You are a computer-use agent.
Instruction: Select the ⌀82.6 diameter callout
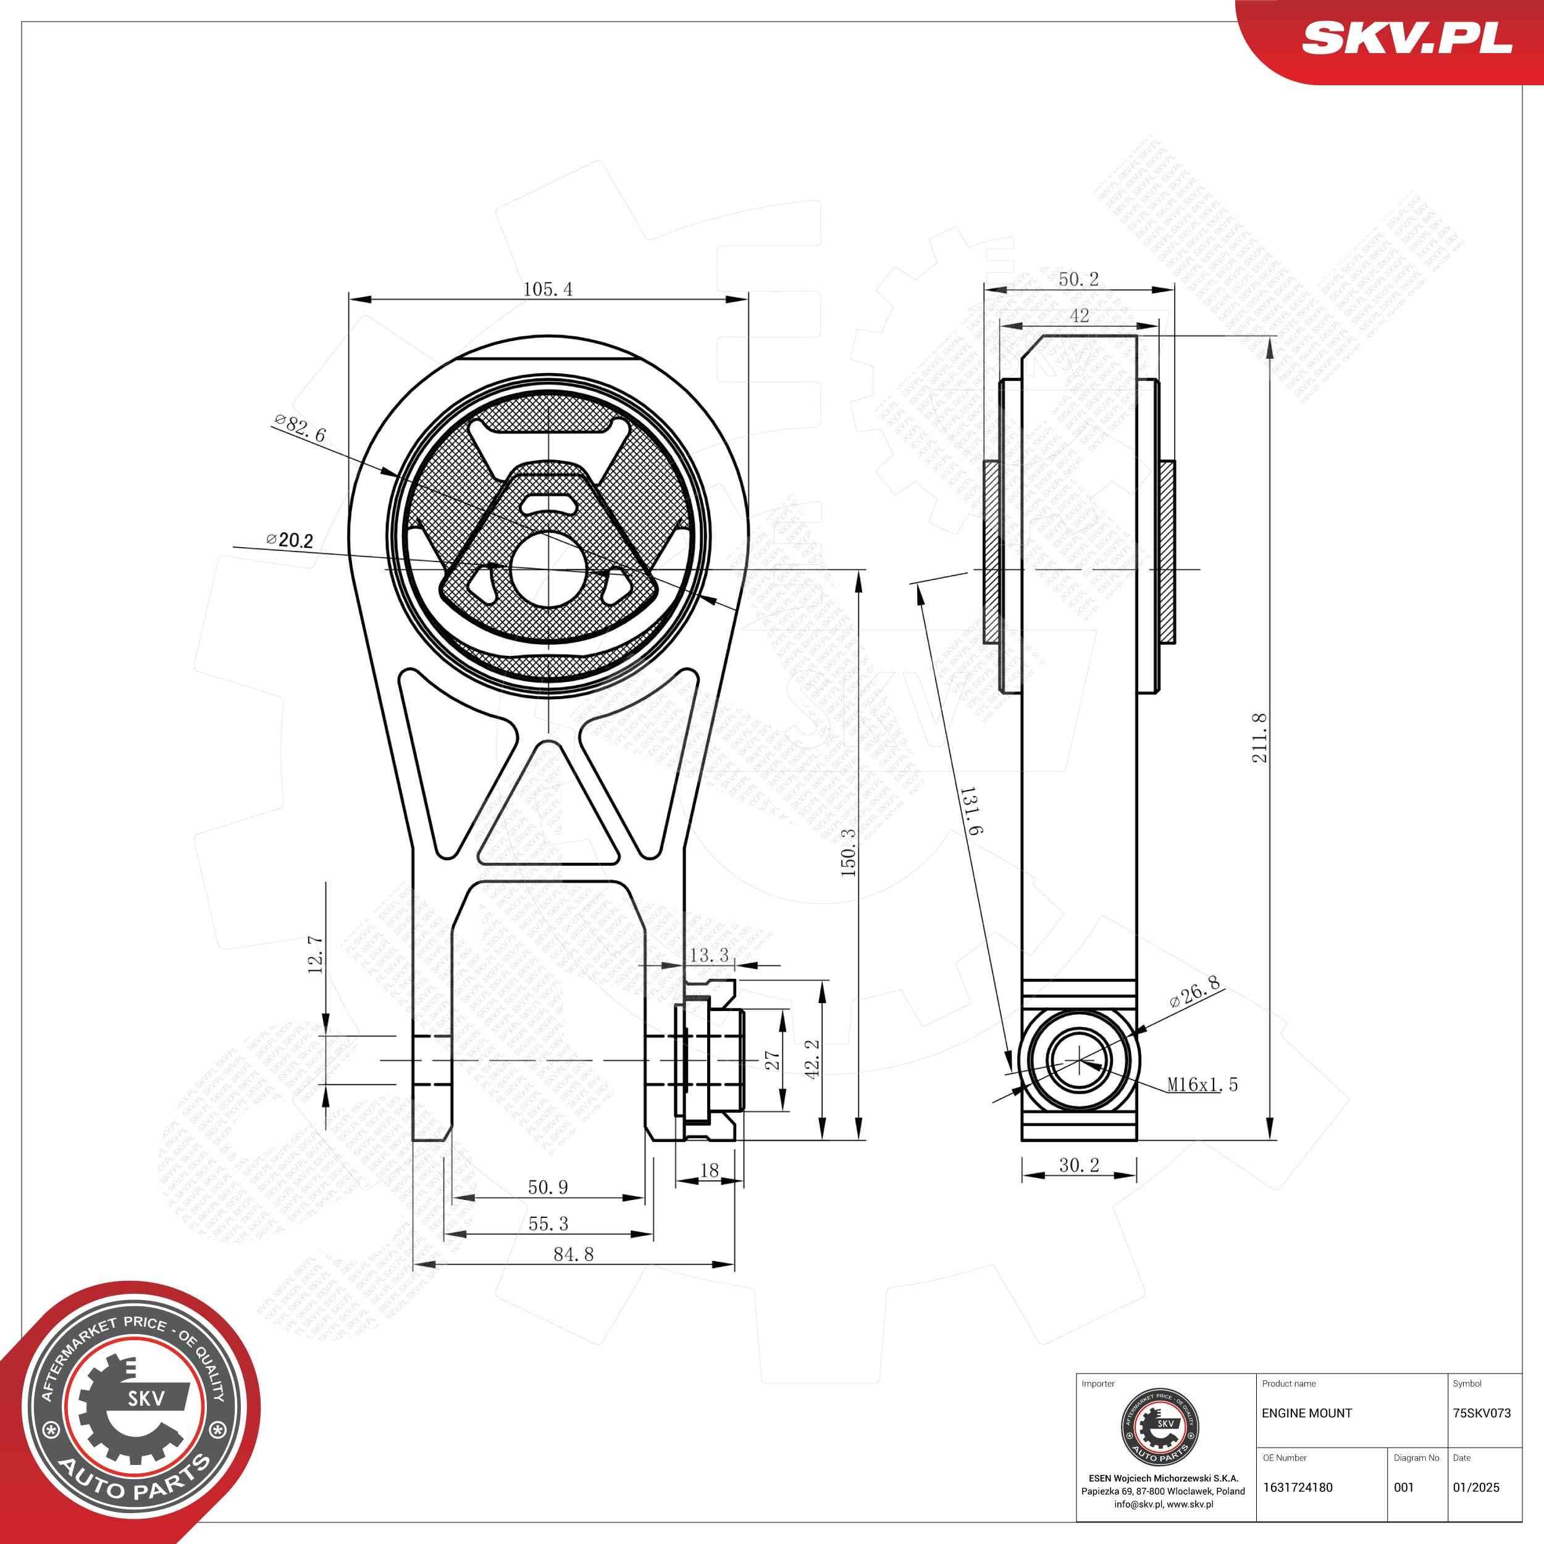[300, 429]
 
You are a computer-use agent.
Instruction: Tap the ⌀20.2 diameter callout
[290, 541]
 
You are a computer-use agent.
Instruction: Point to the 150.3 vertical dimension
[848, 852]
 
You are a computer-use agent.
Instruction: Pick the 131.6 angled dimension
[970, 811]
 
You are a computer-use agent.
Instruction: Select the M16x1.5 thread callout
[1202, 1085]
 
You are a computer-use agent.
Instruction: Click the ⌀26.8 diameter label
[1195, 992]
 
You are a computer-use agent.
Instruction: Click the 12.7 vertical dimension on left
[316, 954]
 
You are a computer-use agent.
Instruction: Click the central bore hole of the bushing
[548, 568]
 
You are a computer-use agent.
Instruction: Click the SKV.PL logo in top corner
[1406, 38]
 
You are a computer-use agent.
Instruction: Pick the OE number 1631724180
[1297, 1487]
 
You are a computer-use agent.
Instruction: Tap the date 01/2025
[1475, 1487]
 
